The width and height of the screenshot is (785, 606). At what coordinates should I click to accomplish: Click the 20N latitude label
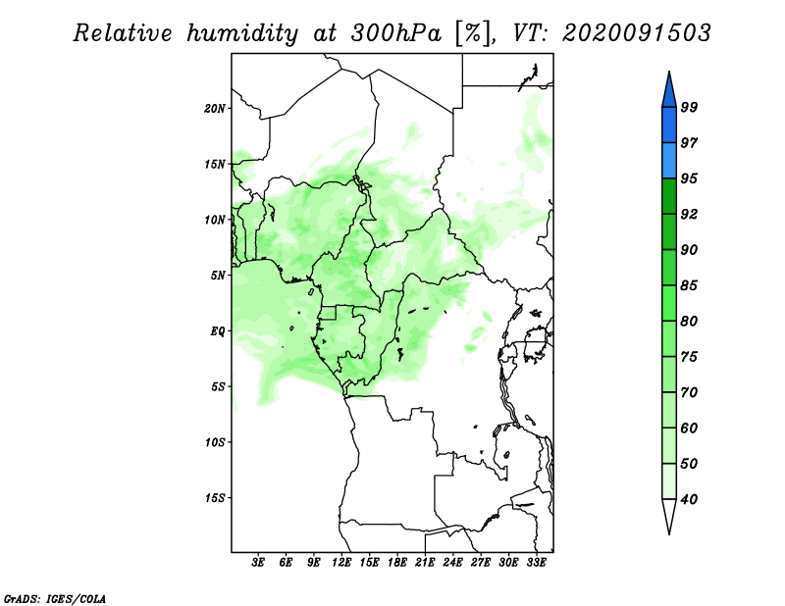[215, 109]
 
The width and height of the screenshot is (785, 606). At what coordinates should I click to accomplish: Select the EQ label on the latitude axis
[217, 331]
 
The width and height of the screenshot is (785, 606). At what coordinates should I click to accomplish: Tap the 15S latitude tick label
[215, 498]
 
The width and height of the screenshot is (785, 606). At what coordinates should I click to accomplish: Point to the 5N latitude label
[218, 276]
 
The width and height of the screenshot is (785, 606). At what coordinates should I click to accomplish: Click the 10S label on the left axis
[215, 442]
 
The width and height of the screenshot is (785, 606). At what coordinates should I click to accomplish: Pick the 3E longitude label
[258, 563]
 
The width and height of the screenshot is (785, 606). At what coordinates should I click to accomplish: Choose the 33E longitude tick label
[536, 563]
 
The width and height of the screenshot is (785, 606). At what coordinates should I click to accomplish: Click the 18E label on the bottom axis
[397, 563]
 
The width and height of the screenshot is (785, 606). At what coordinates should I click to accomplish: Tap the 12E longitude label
[341, 563]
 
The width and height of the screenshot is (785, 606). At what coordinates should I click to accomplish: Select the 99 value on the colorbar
[690, 107]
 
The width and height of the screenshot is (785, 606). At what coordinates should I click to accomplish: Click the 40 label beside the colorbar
[690, 499]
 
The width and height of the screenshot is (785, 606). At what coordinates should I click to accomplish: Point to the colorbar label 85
[690, 285]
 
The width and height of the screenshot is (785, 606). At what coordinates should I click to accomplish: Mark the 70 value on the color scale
[690, 392]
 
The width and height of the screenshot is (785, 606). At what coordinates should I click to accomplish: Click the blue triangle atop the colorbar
[669, 91]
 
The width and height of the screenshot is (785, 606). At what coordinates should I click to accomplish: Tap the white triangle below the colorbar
[669, 515]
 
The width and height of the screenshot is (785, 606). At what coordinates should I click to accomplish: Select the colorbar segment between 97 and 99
[669, 126]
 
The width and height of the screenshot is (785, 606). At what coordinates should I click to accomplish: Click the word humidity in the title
[242, 34]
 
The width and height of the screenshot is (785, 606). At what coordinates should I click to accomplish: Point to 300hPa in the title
[396, 33]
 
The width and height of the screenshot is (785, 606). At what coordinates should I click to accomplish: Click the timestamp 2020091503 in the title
[636, 33]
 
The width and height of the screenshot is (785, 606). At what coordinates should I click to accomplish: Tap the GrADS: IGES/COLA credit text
[55, 598]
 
